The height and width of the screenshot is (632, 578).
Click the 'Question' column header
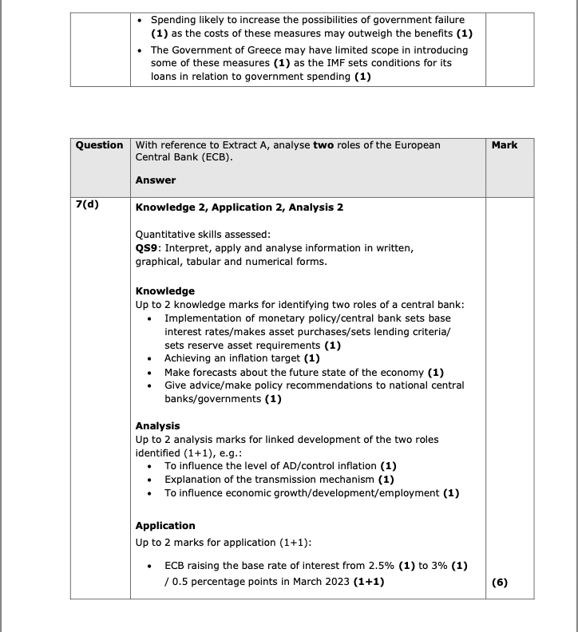click(x=100, y=145)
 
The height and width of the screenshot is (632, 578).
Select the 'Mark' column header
click(x=505, y=145)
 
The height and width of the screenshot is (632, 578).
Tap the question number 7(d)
click(x=88, y=204)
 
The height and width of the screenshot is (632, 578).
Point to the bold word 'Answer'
click(x=156, y=180)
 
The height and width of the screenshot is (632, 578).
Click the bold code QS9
click(x=147, y=248)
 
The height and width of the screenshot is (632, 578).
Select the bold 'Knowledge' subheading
click(x=165, y=290)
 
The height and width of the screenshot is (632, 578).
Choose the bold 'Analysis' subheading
click(x=158, y=426)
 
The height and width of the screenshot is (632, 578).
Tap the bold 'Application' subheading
click(x=165, y=526)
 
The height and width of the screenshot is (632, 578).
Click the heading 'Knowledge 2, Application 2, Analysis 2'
click(x=240, y=207)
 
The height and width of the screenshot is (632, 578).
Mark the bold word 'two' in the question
click(x=323, y=145)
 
